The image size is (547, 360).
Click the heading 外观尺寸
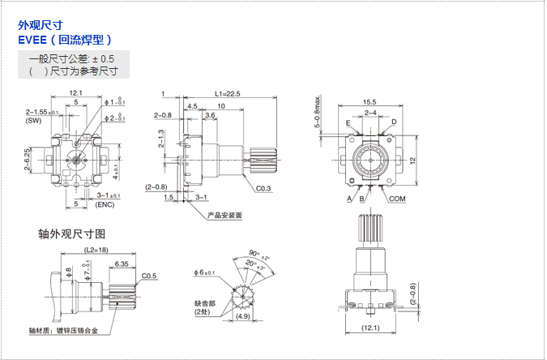click(40, 25)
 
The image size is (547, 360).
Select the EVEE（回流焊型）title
click(64, 38)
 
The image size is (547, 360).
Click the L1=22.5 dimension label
click(229, 94)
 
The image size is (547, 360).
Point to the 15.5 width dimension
click(370, 101)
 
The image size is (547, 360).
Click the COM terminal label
click(397, 199)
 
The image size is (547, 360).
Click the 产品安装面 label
click(225, 216)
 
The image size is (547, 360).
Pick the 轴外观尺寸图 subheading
click(72, 234)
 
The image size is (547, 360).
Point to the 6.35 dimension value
click(122, 264)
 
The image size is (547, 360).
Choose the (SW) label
click(33, 120)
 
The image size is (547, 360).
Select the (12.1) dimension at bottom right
click(370, 328)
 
